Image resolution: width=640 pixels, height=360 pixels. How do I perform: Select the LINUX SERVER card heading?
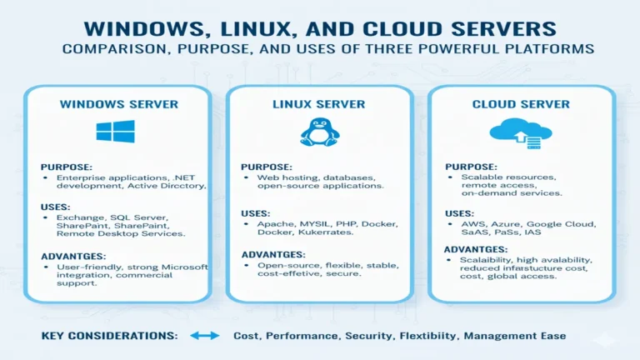click(x=318, y=104)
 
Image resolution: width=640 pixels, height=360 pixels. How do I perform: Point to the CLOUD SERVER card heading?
click(x=520, y=104)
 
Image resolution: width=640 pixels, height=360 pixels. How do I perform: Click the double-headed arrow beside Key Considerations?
click(x=204, y=336)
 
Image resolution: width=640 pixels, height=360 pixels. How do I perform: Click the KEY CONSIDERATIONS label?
click(x=109, y=336)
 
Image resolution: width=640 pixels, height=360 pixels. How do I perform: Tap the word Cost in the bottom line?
click(x=247, y=336)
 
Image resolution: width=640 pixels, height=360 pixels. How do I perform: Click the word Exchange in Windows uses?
click(x=77, y=217)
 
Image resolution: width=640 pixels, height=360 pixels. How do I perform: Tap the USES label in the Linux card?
click(x=255, y=213)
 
